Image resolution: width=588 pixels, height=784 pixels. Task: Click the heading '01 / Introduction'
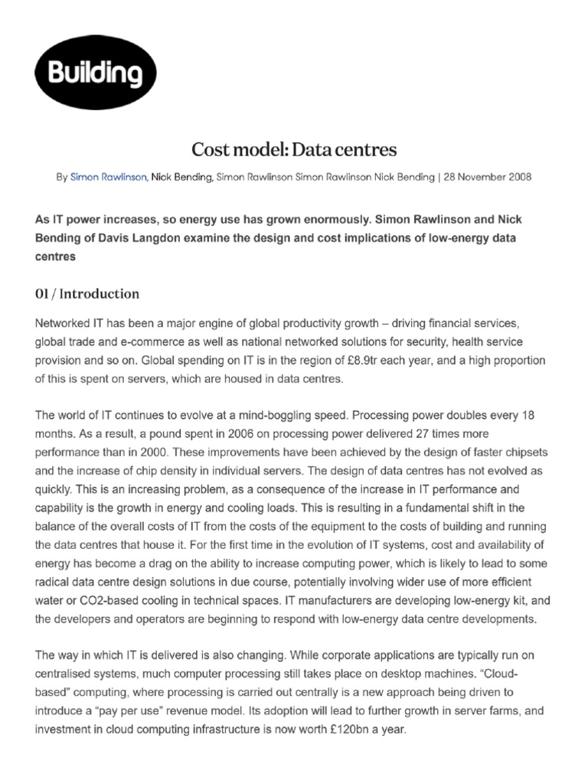tap(87, 293)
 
